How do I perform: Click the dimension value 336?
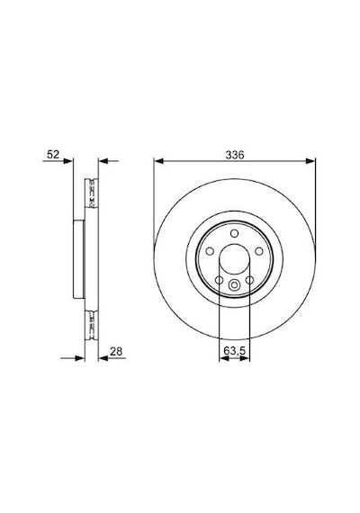pos(235,155)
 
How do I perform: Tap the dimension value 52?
pos(53,154)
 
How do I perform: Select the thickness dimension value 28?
pos(116,351)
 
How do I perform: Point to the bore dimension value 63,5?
pos(234,351)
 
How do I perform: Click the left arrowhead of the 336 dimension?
pos(158,161)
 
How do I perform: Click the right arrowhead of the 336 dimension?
pos(310,161)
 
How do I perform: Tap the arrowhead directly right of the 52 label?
pos(68,161)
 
